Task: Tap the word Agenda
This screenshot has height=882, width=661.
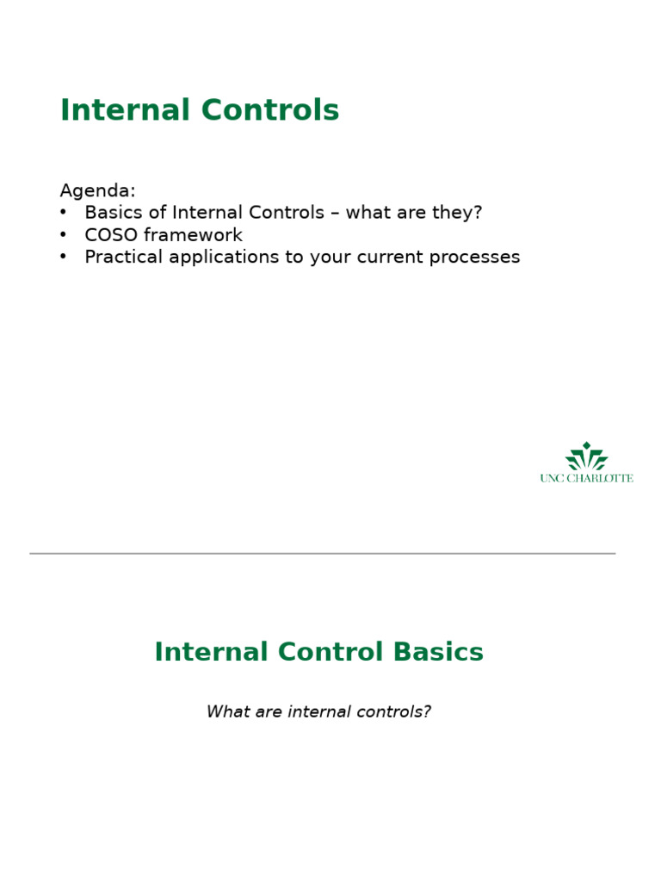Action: coord(97,190)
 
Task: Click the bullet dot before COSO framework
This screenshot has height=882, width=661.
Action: coord(64,235)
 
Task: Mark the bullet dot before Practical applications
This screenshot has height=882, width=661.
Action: coord(64,258)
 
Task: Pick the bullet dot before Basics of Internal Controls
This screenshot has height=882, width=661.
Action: coord(64,213)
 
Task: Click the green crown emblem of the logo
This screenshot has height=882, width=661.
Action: coord(586,457)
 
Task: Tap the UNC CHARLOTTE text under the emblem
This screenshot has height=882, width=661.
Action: coord(586,478)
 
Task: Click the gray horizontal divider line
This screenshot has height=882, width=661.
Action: coord(322,553)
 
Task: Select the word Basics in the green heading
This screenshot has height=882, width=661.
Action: coord(439,652)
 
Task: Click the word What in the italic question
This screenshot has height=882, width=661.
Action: coord(225,711)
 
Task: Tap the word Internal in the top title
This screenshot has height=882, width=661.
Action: coord(125,110)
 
